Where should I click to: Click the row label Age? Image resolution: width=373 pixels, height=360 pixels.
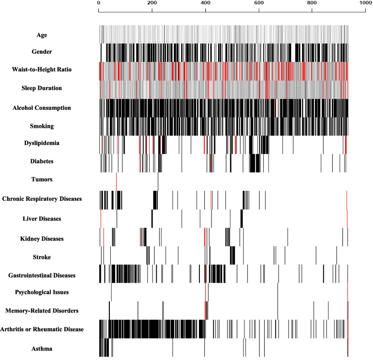pos(42,35)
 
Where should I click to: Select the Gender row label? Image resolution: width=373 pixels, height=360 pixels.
pos(42,52)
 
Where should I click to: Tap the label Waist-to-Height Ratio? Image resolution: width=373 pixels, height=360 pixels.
pos(42,70)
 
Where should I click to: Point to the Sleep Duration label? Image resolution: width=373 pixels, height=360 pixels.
pos(42,88)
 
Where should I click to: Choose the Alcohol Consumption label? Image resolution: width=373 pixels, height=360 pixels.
pos(42,108)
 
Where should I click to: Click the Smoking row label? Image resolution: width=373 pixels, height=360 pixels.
pos(42,126)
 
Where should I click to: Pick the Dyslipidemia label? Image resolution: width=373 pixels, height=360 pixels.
pos(42,143)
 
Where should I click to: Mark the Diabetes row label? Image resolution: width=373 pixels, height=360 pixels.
pos(42,161)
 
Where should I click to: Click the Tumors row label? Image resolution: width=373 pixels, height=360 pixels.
pos(42,179)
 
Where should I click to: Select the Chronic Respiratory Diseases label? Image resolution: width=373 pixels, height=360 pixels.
pos(42,199)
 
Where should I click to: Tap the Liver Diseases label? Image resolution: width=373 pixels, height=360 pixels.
pos(42,219)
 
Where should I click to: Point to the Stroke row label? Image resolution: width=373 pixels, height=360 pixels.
pos(42,257)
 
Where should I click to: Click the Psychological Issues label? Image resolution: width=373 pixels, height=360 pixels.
pos(42,292)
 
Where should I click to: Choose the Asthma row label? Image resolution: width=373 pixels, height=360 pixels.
pos(42,348)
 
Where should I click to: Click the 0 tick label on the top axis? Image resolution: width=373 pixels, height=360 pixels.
pos(98,3)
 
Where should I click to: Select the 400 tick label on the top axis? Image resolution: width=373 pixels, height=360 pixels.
pos(205,3)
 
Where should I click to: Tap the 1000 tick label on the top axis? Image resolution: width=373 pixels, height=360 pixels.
pos(366,3)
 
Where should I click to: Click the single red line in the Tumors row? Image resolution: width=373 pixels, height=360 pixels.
pos(117,182)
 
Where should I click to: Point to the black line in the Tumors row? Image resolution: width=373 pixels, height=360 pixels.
pos(158,182)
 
